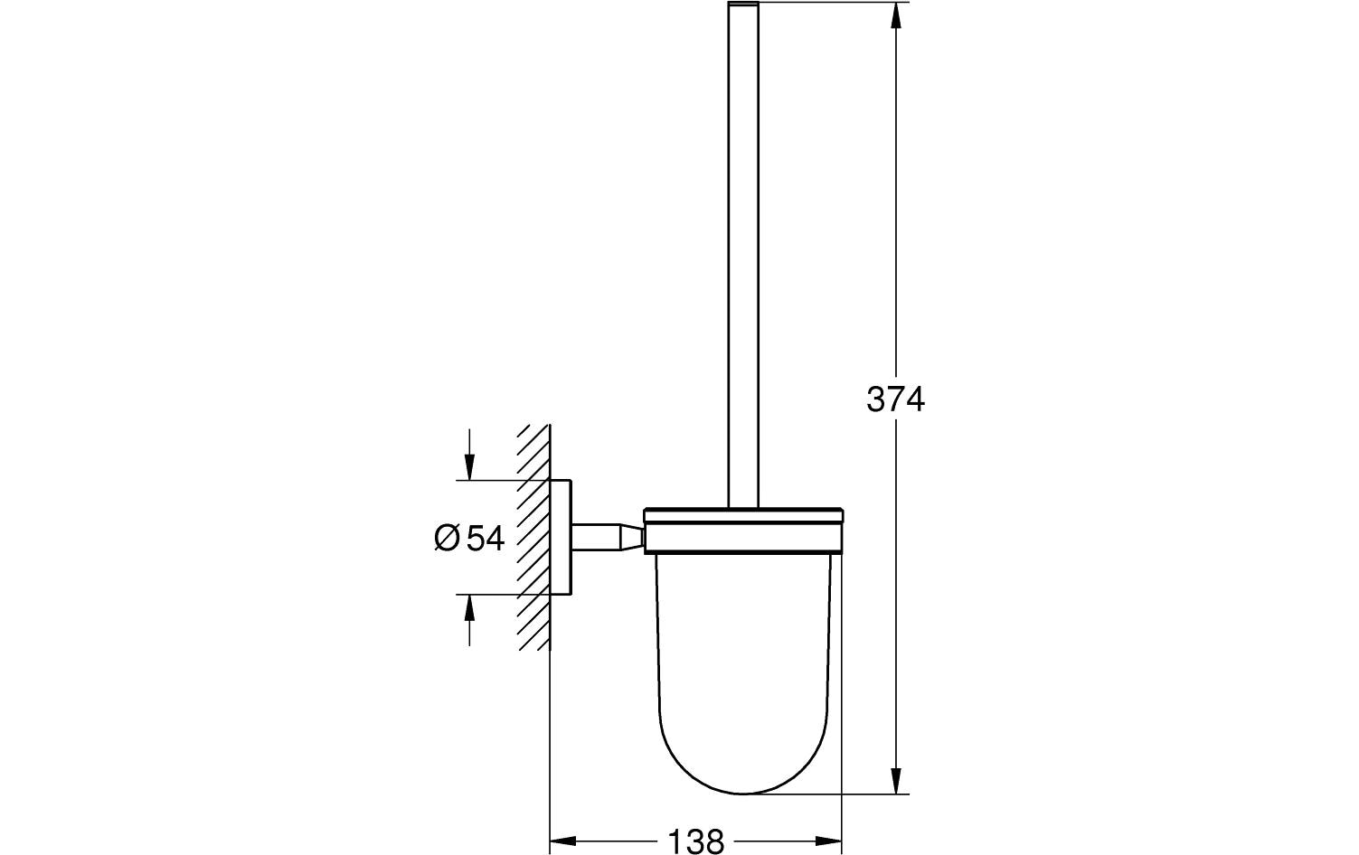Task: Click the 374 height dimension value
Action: [895, 399]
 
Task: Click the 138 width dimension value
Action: [696, 842]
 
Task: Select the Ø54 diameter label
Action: [469, 538]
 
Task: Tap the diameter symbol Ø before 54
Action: [448, 538]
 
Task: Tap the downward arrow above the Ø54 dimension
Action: [468, 465]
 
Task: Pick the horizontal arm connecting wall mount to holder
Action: [592, 537]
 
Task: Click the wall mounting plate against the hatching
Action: [561, 537]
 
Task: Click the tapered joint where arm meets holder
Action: [630, 537]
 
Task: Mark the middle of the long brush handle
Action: [742, 253]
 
